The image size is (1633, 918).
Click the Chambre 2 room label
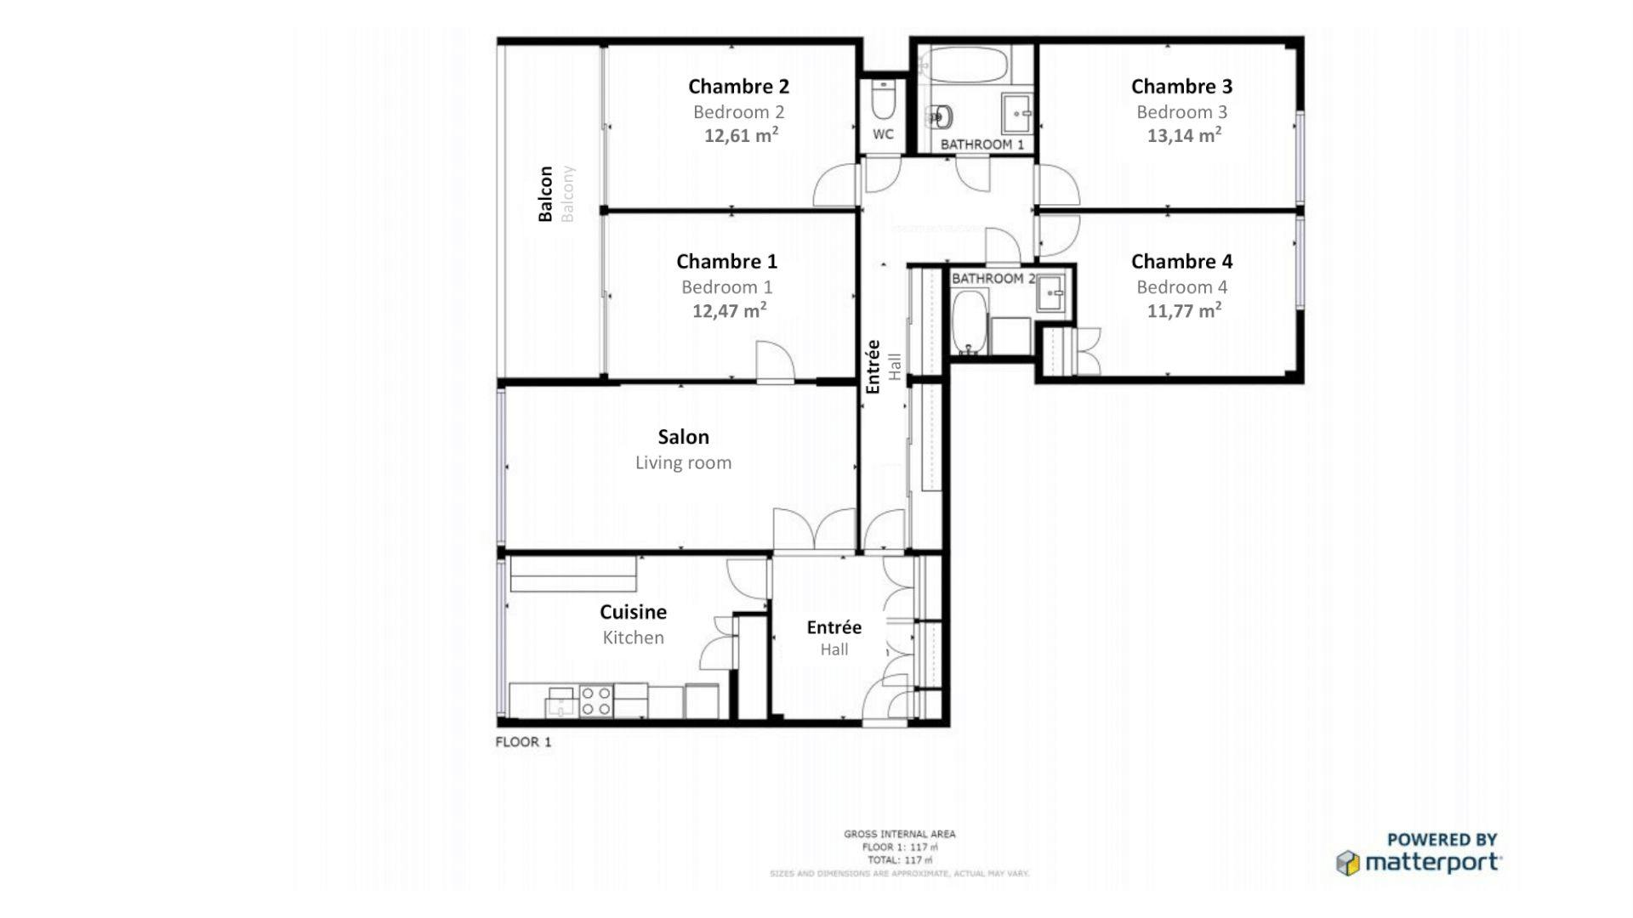738,86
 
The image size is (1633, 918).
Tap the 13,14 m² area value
1184,135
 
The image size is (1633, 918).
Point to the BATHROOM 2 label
993,279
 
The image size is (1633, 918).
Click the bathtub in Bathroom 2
969,323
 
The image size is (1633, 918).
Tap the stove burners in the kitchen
596,701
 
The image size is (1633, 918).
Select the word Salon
683,437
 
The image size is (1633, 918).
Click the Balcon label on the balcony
545,194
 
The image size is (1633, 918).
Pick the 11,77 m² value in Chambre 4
1184,310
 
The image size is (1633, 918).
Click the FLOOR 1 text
523,742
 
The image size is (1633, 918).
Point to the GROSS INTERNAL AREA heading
899,834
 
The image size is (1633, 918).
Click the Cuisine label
633,612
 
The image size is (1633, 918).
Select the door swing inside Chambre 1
775,362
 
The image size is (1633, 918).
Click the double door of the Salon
814,530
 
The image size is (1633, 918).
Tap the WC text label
883,134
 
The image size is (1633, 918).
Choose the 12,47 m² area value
729,310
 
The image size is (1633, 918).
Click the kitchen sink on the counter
560,701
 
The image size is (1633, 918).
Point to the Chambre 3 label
1181,86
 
